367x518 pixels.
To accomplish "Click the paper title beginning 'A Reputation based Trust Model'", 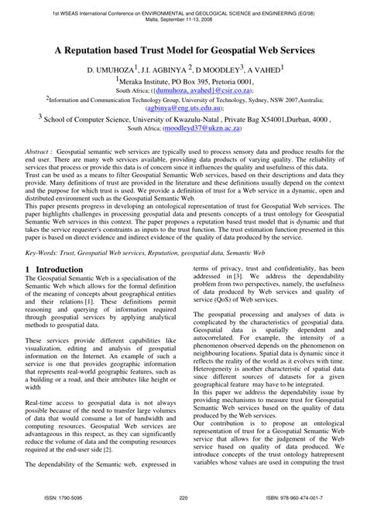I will coord(183,48).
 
